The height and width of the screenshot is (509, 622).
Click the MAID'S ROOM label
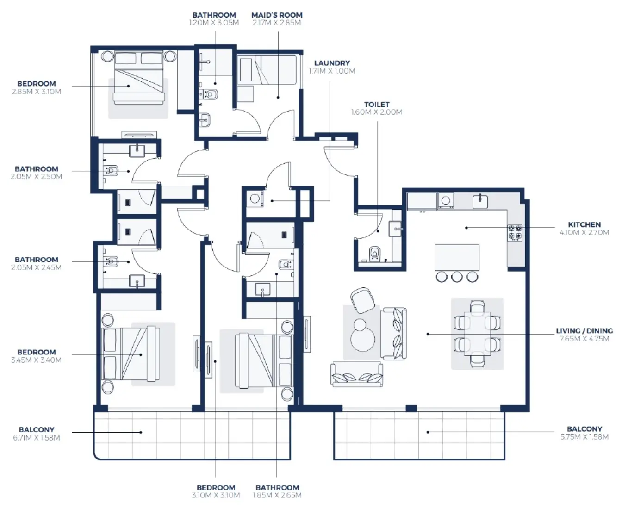click(277, 15)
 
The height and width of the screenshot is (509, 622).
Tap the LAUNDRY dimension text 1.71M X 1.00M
click(332, 71)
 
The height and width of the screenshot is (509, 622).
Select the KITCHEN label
click(584, 224)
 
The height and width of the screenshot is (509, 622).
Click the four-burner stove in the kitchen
click(515, 232)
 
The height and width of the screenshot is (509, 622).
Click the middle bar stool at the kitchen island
click(457, 277)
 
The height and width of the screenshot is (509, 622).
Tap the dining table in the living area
click(477, 333)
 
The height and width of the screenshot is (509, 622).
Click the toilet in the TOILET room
click(374, 253)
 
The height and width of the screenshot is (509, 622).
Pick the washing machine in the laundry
click(255, 199)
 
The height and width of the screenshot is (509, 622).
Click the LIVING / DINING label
click(584, 331)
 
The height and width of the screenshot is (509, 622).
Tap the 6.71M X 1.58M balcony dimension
click(37, 438)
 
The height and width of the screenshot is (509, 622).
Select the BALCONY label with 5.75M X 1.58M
click(584, 429)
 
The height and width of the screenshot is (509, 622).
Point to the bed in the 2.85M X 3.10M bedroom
click(139, 86)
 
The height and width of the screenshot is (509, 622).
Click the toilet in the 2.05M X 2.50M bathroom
click(111, 170)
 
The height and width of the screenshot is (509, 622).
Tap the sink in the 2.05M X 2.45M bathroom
click(137, 281)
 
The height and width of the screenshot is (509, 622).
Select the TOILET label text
click(377, 105)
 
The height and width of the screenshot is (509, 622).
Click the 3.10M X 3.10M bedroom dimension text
click(216, 496)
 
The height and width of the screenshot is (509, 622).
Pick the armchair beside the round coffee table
click(362, 299)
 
